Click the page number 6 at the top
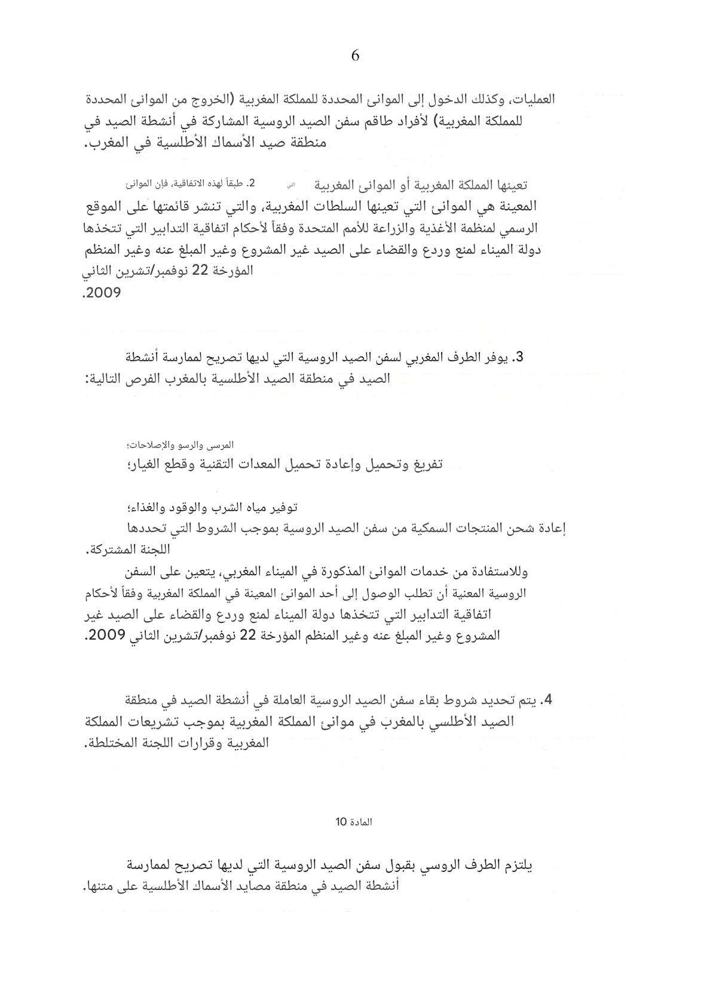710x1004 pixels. [355, 56]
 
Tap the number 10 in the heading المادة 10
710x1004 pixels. [340, 822]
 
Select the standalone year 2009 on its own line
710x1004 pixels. [103, 293]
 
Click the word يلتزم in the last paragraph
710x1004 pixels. [517, 865]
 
